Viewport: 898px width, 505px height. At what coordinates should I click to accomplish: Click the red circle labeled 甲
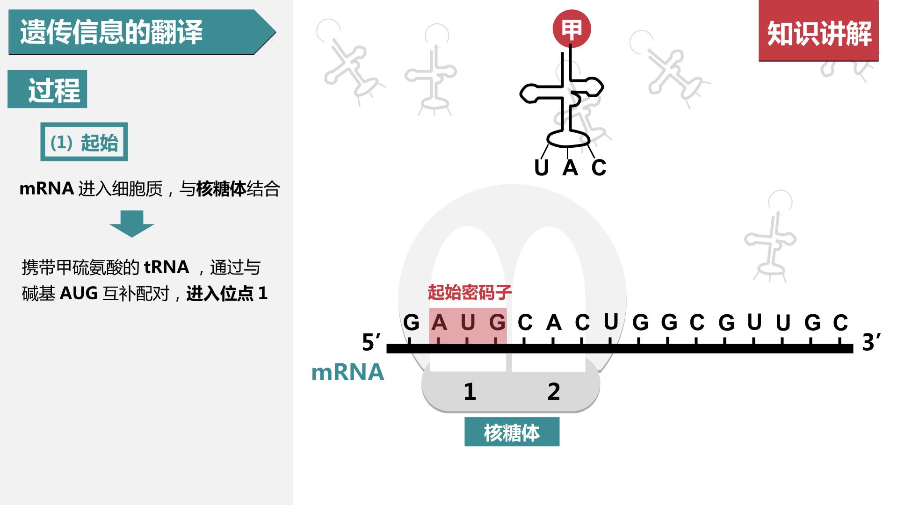(572, 29)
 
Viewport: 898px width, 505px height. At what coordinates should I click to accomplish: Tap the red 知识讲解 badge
(818, 31)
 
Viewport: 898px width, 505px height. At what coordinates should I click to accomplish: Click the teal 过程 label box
(47, 89)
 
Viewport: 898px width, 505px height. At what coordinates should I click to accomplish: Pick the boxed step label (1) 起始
(84, 142)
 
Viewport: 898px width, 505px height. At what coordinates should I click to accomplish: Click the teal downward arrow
(132, 224)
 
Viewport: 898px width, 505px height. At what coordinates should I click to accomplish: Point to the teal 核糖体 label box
(512, 432)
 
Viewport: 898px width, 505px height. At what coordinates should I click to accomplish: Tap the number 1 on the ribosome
(470, 391)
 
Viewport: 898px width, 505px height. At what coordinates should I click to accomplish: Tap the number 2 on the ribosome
(554, 391)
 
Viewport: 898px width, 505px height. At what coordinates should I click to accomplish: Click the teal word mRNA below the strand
(348, 372)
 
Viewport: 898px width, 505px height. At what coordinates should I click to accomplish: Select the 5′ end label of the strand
(371, 342)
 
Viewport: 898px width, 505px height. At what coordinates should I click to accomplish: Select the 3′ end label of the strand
(871, 342)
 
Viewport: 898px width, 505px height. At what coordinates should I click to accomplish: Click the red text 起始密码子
(470, 292)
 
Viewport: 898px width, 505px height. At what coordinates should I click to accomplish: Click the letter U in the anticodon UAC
(541, 167)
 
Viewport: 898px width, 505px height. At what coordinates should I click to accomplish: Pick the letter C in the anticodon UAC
(599, 167)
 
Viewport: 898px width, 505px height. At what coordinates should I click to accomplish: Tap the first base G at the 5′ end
(411, 322)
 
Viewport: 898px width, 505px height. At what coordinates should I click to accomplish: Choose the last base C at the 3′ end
(840, 322)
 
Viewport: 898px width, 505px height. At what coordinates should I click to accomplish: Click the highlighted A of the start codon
(439, 322)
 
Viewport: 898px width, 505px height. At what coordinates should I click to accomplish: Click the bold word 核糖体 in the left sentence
(221, 189)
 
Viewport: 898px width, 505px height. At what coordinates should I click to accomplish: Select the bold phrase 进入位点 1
(227, 294)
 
